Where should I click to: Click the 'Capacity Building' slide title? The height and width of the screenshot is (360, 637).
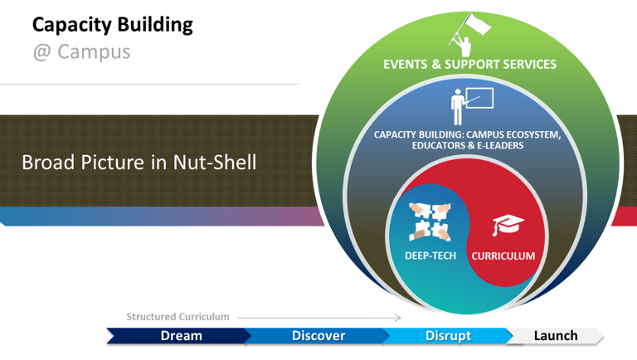coord(113,25)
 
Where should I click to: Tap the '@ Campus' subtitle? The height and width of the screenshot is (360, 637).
coord(81,52)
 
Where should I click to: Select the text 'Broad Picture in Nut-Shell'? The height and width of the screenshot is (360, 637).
coord(139,162)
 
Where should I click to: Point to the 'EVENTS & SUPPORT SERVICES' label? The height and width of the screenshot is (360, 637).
coord(469,64)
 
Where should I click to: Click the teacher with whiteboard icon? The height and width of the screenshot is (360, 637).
coord(472,106)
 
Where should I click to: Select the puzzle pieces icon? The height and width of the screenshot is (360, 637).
coord(430,221)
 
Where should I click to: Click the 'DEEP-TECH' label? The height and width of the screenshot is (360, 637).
coord(430,255)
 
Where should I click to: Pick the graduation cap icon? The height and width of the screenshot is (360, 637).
coord(508,225)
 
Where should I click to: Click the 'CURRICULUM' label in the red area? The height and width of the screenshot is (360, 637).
coord(503,256)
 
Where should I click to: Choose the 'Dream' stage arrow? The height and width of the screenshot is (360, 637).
coord(179,336)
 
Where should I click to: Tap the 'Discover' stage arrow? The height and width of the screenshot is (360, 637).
coord(317,336)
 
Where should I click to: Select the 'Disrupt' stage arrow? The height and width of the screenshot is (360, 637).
coord(448,336)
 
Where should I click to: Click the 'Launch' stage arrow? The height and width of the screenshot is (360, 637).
coord(555,336)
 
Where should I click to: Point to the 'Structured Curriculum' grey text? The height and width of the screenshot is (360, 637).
coord(177,317)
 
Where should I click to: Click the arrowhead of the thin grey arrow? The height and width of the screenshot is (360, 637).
coord(399,318)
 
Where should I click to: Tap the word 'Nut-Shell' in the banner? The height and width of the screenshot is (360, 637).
coord(215,162)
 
